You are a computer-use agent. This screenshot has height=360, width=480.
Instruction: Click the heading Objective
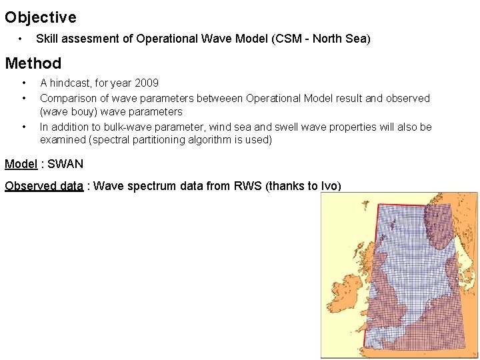(x=41, y=17)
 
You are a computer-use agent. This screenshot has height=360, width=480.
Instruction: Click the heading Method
(x=33, y=64)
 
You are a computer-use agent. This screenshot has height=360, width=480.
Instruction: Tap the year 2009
(x=146, y=83)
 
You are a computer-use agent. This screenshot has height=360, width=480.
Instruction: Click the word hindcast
(x=73, y=83)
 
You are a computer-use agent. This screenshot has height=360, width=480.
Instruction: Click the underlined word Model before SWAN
(x=21, y=164)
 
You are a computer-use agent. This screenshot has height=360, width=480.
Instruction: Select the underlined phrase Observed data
(x=44, y=186)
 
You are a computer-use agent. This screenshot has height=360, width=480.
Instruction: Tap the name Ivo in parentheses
(x=329, y=186)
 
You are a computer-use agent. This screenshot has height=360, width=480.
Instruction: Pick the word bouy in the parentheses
(x=83, y=112)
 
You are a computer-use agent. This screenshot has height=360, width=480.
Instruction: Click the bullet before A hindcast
(x=24, y=83)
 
